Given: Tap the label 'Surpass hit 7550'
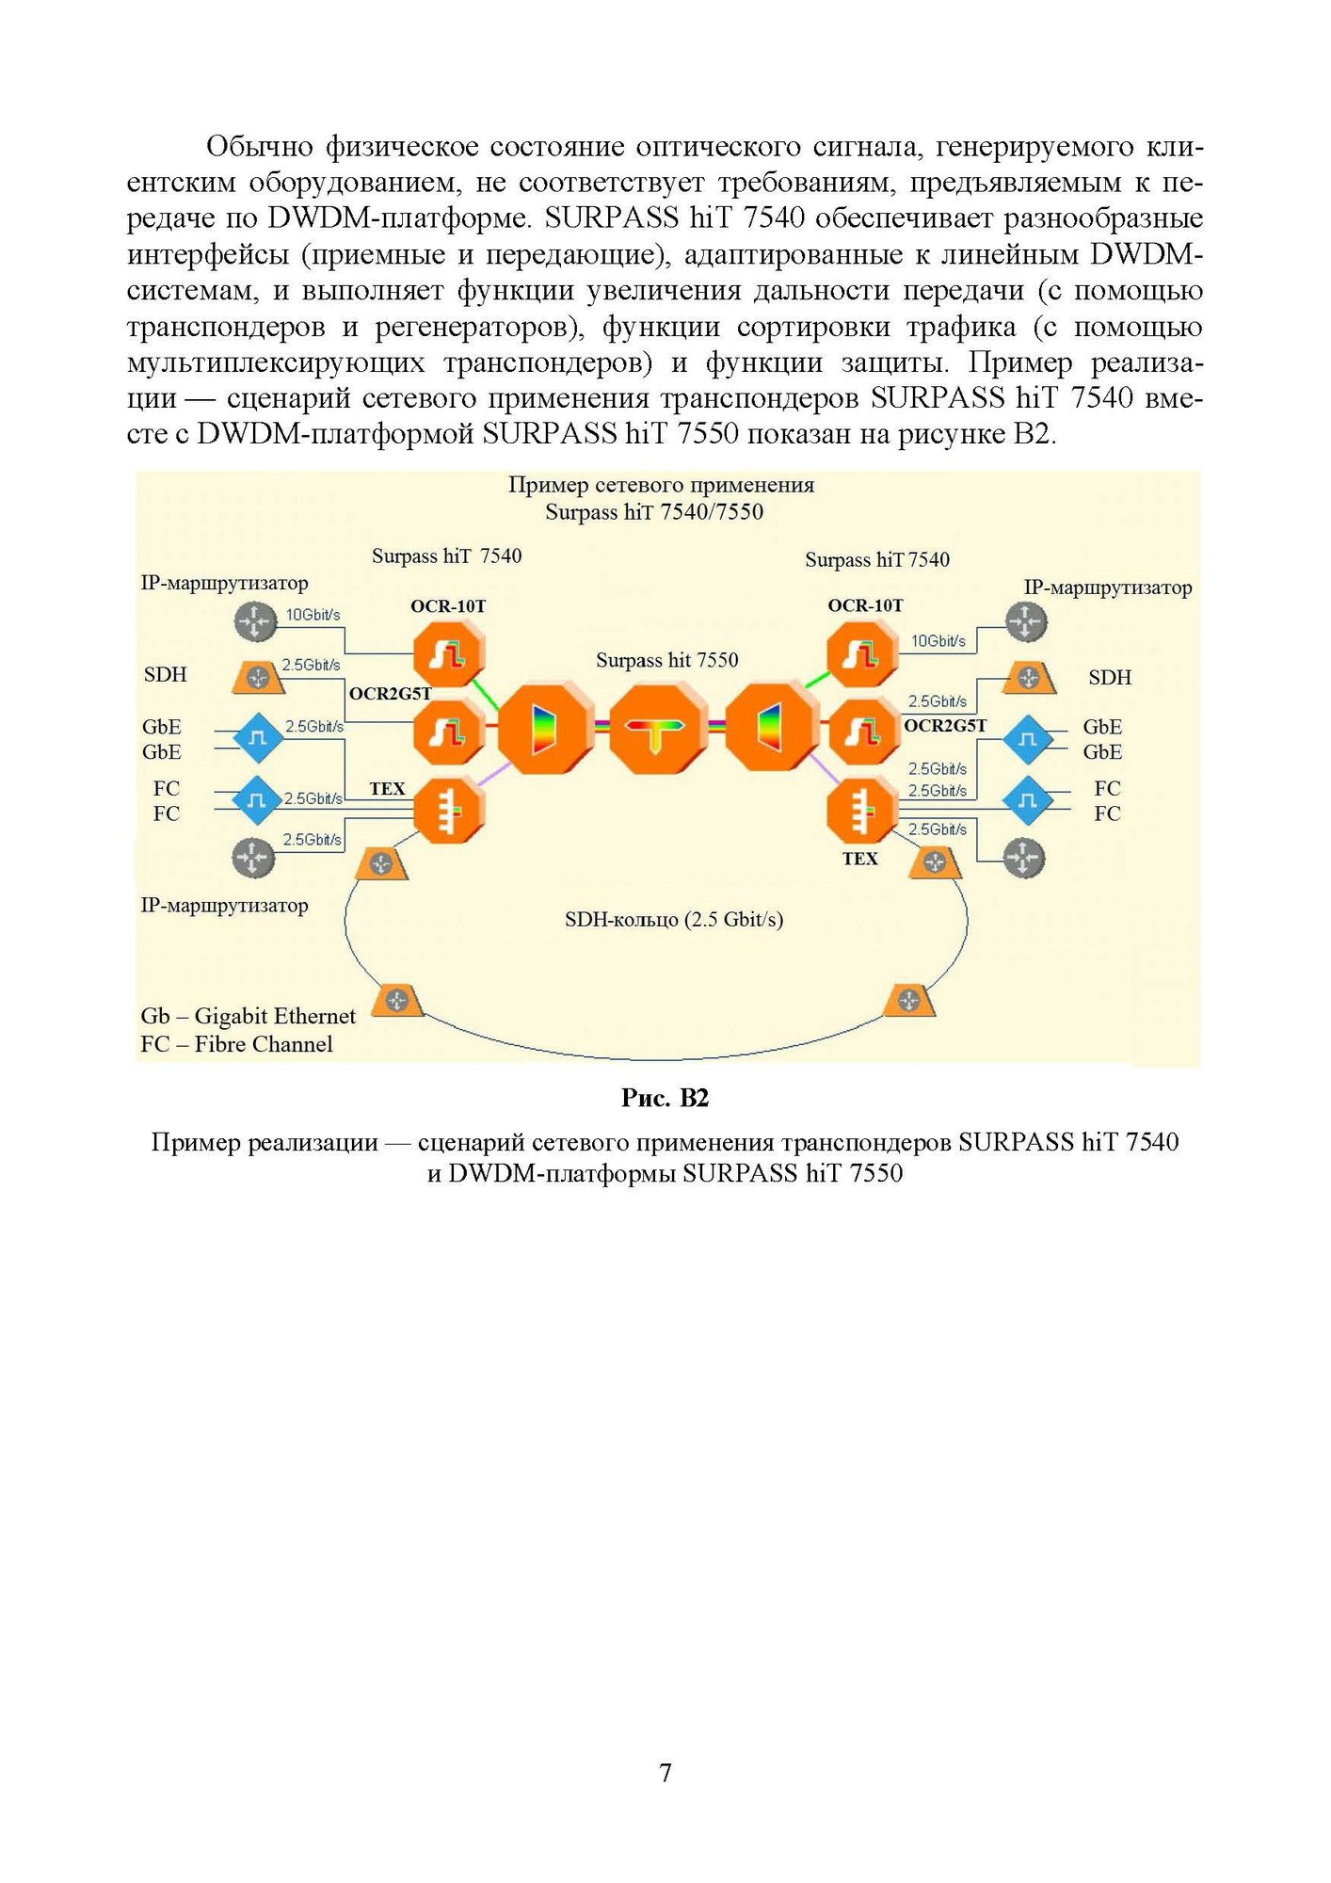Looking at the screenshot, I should pos(666,660).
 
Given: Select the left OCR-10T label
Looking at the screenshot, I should pos(448,606).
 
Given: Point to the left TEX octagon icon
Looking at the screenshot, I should pos(449,810).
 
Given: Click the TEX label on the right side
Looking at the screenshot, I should pos(859,859).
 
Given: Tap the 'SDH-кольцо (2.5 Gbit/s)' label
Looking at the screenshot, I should pos(674,920).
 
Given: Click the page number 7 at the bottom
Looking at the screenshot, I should pos(665,1773).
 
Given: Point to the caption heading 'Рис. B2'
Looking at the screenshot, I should pos(665,1098).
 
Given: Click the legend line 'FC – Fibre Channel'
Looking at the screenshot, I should pos(236,1044).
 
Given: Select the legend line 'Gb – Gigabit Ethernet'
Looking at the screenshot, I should pos(248,1016).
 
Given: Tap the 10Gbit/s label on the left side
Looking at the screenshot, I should pos(313,615).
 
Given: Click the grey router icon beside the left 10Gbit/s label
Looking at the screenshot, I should pos(254,622).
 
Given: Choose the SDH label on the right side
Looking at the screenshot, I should pos(1109,678).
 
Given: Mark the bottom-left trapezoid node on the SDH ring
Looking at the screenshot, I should pos(397,1001).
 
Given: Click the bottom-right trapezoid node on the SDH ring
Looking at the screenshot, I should pos(909,1001).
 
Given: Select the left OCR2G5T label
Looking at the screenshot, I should pos(390,694).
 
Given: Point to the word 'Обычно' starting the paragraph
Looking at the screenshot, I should pos(260,147).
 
